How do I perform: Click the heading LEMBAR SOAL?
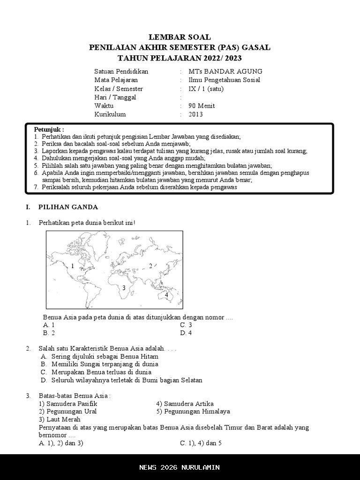point(180,37)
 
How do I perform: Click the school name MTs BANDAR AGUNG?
point(225,71)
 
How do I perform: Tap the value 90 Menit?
point(202,106)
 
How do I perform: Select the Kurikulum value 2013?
point(196,114)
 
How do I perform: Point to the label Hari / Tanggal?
point(115,97)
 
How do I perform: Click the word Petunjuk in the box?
point(49,129)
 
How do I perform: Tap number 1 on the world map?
point(73,266)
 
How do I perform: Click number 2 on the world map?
point(150,266)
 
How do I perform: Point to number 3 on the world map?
point(124,288)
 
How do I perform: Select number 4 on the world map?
point(166,295)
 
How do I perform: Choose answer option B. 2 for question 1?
point(49,333)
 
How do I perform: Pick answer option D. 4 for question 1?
point(186,333)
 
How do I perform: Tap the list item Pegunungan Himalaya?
point(193,412)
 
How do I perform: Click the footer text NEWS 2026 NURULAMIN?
point(180,467)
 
